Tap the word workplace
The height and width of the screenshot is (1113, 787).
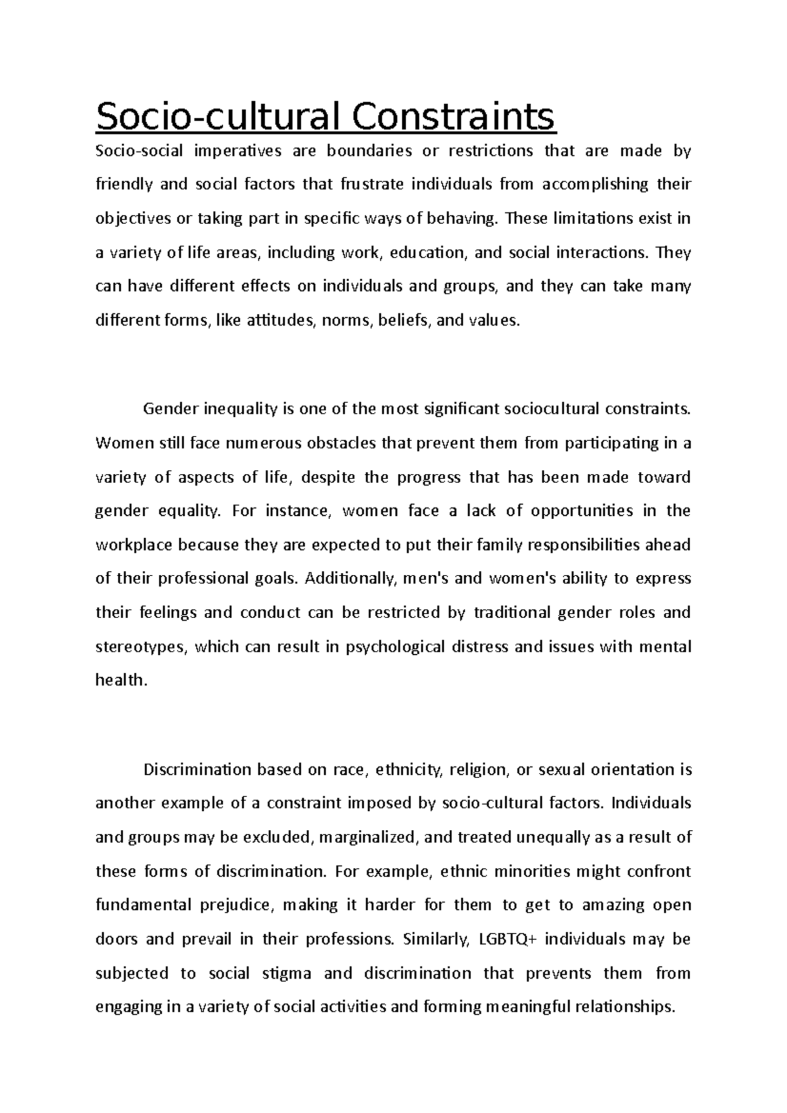[134, 545]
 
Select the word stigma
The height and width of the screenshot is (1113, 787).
[287, 973]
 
